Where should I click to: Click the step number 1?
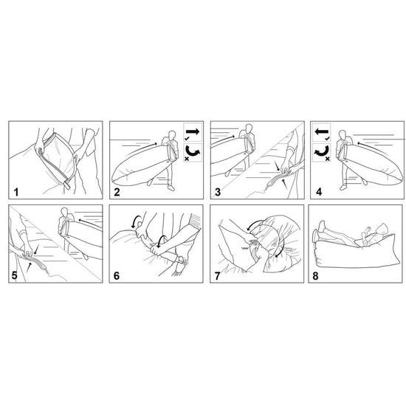[16, 193]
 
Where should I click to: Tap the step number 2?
[117, 193]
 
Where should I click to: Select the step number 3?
[218, 192]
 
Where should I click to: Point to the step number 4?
[319, 192]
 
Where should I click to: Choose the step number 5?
[15, 275]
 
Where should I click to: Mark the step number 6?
[117, 276]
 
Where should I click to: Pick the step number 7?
[217, 276]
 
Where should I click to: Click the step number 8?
[315, 276]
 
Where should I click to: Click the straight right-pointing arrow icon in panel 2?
[193, 131]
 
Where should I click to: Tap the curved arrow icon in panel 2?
[193, 152]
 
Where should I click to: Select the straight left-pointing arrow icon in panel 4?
[321, 131]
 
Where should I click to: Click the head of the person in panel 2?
[172, 135]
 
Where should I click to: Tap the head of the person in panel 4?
[343, 135]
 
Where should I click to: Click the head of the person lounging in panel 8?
[382, 229]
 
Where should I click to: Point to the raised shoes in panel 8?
[319, 230]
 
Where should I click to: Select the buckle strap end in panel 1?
[67, 185]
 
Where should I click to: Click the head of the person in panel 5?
[64, 212]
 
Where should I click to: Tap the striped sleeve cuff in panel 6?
[196, 219]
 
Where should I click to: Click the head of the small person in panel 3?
[249, 128]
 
